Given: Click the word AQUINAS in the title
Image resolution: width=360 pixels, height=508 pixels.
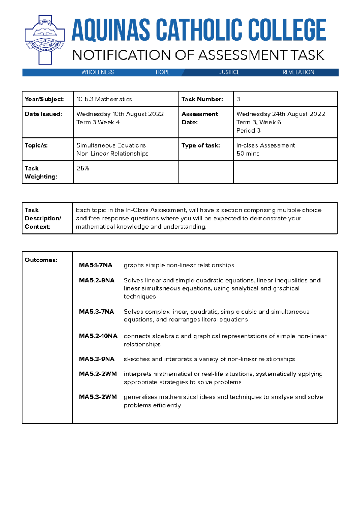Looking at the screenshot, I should pos(111,30).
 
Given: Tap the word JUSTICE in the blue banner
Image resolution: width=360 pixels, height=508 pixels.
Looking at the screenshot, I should pos(229,73).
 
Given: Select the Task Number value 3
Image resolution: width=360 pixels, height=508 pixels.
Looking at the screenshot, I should pos(238,99).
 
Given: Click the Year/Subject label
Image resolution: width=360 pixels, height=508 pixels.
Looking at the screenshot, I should pos(45,99).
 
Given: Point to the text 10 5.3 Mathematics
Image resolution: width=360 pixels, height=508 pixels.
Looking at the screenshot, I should pos(104,99).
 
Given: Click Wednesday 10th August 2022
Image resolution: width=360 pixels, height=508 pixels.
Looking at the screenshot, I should pos(120,114).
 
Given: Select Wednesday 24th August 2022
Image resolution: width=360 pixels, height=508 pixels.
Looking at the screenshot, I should pos(280,114).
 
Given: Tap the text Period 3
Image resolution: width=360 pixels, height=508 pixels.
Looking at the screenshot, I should pos(248,130).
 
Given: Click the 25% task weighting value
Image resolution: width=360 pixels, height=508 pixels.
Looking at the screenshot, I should pos(83,168).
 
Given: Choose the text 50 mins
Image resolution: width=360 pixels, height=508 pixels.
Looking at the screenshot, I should pos(248,154).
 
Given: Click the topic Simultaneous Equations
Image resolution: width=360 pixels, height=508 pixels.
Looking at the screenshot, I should pos(111,145).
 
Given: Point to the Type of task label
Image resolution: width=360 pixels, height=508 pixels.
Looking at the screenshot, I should pos(201,145).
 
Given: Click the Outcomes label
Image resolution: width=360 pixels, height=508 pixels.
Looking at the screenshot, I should pos(41,260).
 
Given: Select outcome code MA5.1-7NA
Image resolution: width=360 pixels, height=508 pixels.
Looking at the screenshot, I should pos(95,265).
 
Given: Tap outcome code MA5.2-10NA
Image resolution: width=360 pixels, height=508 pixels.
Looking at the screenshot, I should pos(98,336).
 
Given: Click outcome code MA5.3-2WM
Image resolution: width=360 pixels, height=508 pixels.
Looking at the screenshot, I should pos(98,397).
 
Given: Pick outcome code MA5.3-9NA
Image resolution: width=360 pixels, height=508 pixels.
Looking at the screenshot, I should pos(97,359).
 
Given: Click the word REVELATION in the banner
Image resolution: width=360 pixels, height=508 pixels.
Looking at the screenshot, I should pos(298,73).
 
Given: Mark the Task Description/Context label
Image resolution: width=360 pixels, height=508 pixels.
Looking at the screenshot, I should pos(43,218).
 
